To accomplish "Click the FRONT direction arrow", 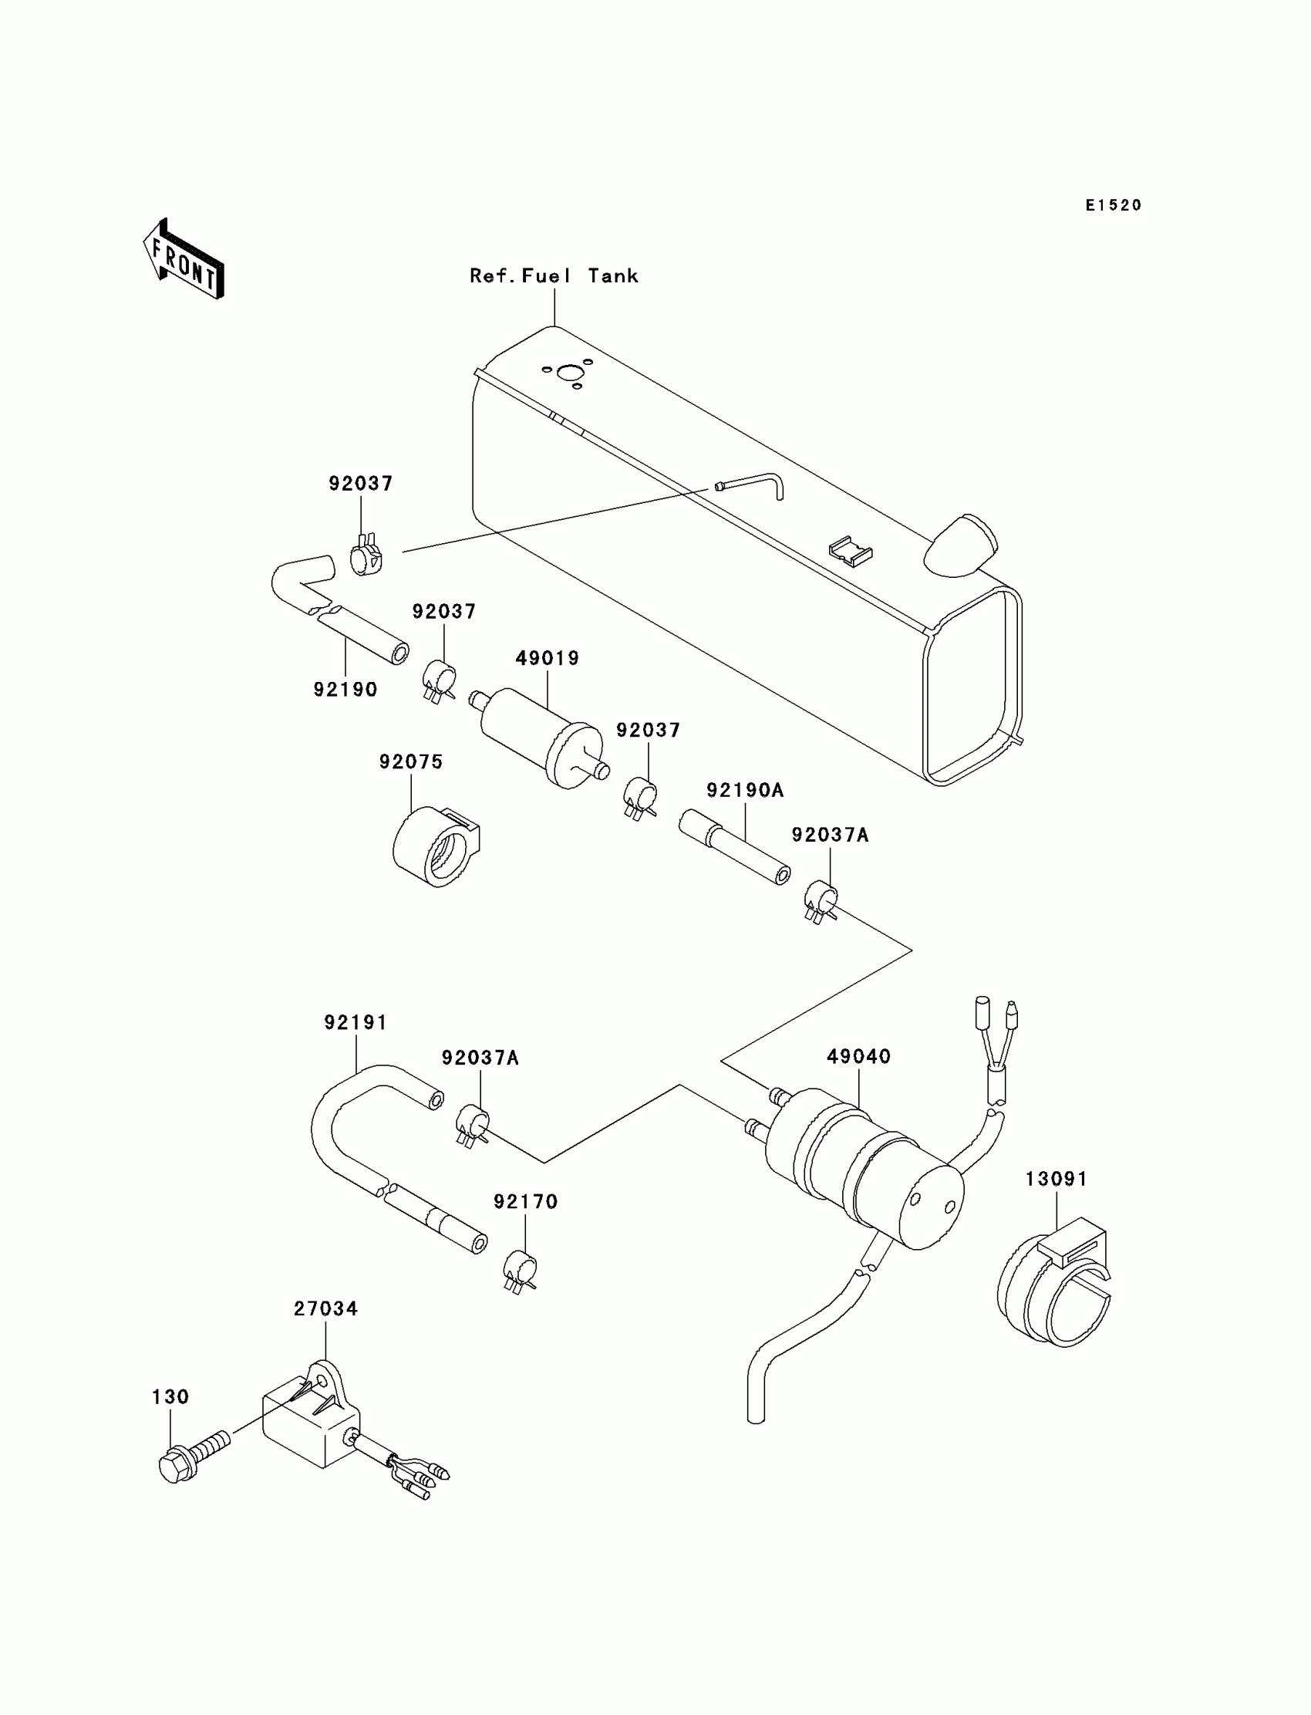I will [x=184, y=260].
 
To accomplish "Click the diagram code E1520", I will [x=1114, y=205].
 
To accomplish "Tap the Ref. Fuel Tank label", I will [x=553, y=275].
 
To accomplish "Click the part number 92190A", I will [x=744, y=790].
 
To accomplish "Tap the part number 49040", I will [x=858, y=1057].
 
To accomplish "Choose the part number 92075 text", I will [x=411, y=761].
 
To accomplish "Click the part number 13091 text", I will [x=1056, y=1179].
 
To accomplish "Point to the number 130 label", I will [x=170, y=1396].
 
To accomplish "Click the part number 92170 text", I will [x=525, y=1201].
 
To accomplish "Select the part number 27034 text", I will [x=325, y=1308].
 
